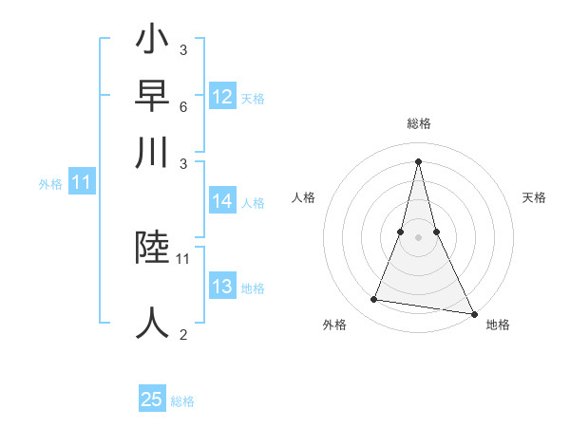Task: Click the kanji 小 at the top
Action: (x=153, y=43)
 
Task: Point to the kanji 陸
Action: (x=153, y=248)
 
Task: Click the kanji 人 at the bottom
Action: (x=153, y=322)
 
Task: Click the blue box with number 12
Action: (x=222, y=97)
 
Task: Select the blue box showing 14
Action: (x=222, y=201)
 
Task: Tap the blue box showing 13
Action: (x=222, y=288)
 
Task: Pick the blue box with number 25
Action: (x=152, y=400)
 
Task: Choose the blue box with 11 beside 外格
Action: (x=81, y=183)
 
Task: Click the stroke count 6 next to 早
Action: (x=183, y=108)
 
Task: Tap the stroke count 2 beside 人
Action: (x=183, y=334)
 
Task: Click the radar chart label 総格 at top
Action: (x=419, y=123)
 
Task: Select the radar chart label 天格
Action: (x=535, y=197)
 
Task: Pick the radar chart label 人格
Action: (x=304, y=197)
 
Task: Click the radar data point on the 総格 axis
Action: (x=419, y=160)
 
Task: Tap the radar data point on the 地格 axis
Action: (x=473, y=313)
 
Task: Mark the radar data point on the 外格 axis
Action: (x=373, y=300)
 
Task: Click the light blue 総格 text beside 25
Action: (x=182, y=401)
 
